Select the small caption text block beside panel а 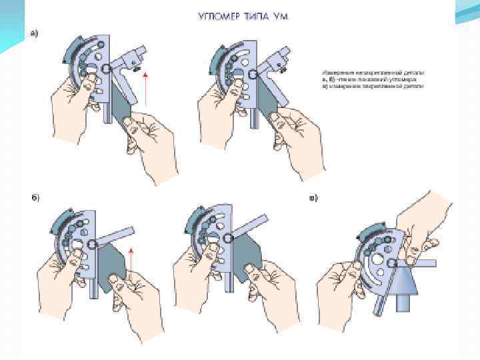pos(373,78)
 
